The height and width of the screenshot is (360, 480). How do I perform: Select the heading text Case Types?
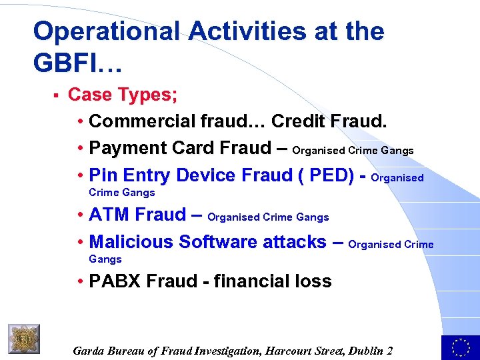point(123,95)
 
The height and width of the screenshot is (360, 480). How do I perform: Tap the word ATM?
point(109,215)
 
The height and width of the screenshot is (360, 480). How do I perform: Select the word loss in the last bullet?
point(315,281)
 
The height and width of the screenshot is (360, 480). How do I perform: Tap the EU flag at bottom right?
point(460,347)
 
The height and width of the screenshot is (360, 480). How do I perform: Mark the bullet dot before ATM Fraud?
point(80,215)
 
